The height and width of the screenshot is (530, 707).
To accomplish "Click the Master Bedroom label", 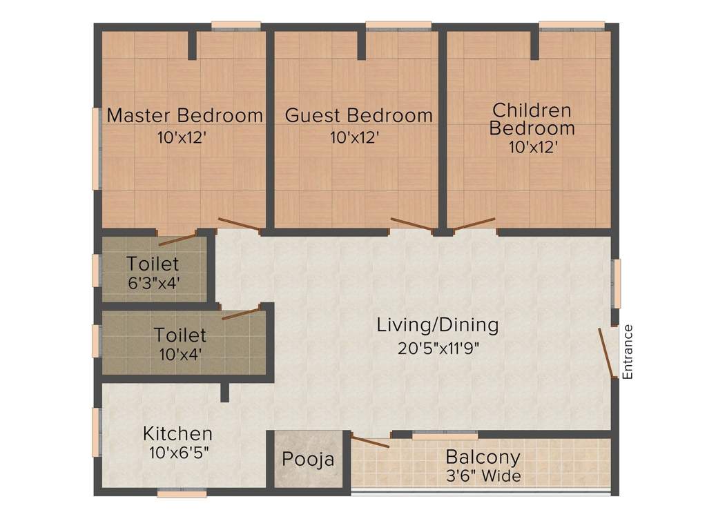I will (184, 115).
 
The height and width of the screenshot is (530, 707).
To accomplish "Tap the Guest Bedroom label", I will (359, 115).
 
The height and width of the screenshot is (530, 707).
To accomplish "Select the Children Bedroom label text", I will (532, 119).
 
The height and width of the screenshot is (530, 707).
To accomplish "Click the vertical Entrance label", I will (628, 352).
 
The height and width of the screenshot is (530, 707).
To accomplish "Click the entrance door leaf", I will (607, 353).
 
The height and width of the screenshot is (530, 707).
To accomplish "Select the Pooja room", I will (308, 459).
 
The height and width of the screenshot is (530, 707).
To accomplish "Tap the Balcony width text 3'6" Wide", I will (483, 475).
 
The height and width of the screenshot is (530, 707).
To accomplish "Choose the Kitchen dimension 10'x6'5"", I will (179, 453).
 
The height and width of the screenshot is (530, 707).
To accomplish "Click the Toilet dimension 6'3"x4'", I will (153, 282).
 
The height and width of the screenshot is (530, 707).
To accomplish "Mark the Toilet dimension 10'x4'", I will (180, 354).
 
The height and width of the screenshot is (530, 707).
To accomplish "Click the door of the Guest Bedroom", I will (411, 224).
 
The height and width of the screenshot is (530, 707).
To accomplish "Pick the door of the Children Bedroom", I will (474, 224).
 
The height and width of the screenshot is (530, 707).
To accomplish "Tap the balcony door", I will (370, 442).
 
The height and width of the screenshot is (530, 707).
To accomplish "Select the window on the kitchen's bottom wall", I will (182, 493).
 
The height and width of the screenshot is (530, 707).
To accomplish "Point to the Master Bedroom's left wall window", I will (96, 148).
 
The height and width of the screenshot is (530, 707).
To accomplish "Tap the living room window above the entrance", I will (617, 284).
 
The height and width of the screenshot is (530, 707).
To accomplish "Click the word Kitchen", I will (177, 434).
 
